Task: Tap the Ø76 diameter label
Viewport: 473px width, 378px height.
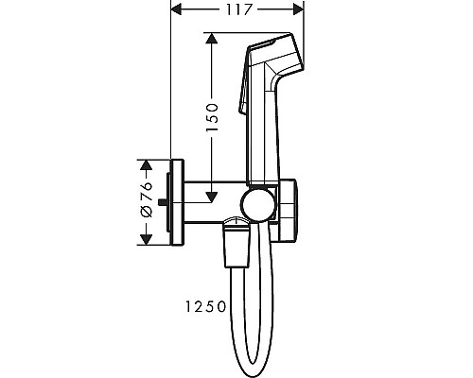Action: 145,201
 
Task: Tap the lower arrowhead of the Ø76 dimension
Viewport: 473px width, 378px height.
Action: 145,242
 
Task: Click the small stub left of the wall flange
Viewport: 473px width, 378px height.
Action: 165,202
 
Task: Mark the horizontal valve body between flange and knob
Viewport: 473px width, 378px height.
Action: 210,202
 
